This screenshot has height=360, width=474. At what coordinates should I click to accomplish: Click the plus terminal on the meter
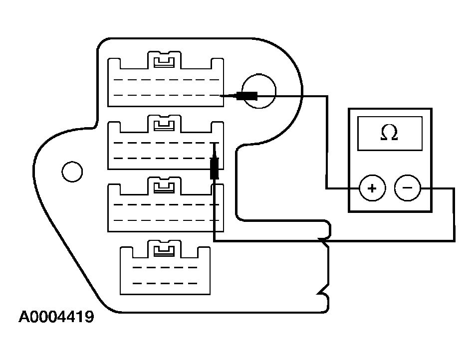[372, 188]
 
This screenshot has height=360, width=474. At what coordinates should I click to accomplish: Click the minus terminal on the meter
[407, 188]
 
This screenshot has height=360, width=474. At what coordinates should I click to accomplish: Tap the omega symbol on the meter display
[389, 133]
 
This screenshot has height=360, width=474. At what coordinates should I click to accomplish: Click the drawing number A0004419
[56, 318]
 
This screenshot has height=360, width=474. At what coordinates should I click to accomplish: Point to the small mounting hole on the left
[72, 172]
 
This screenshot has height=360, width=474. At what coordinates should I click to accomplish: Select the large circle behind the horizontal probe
[258, 90]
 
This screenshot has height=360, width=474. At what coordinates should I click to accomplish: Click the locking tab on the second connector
[164, 125]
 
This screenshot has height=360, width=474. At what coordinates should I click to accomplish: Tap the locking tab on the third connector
[164, 187]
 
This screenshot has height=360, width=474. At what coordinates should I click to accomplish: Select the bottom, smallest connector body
[165, 272]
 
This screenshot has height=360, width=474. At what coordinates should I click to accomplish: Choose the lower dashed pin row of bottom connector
[165, 283]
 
